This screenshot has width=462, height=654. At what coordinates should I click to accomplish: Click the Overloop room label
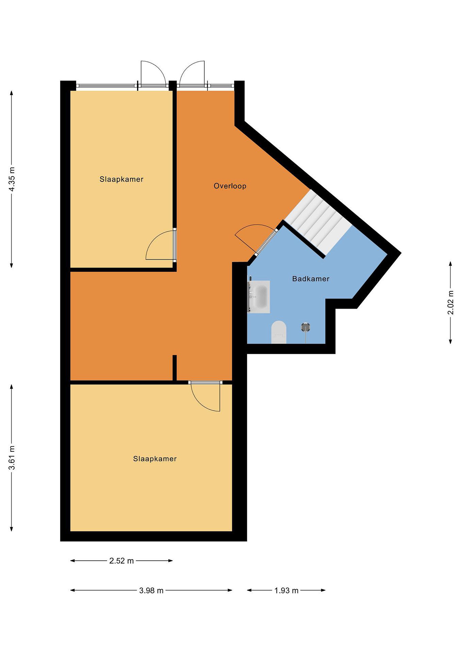point(230,186)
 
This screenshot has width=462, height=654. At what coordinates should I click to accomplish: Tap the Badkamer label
point(311,279)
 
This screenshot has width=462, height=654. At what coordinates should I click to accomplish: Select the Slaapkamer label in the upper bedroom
point(122,179)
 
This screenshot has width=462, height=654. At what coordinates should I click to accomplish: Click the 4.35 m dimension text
point(12,179)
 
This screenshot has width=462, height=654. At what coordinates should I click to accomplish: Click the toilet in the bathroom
point(279,332)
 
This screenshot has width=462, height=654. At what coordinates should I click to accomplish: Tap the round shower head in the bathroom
point(306,328)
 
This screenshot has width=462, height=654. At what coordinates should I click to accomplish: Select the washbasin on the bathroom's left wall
point(259,297)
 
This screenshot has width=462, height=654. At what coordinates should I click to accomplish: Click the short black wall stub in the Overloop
point(175,367)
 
